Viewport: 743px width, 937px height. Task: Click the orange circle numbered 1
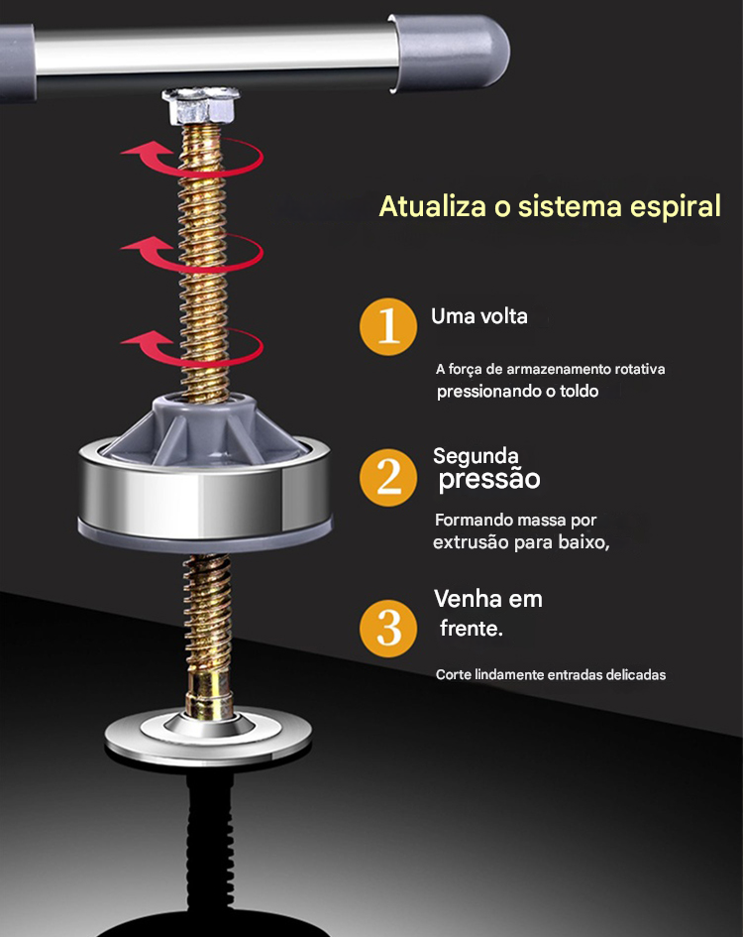pyautogui.click(x=388, y=327)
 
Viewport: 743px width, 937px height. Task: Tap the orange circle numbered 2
pyautogui.click(x=388, y=478)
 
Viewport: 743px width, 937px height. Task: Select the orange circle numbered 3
pyautogui.click(x=388, y=628)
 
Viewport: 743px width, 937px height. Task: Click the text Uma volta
pyautogui.click(x=479, y=316)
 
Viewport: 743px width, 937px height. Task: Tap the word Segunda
pyautogui.click(x=476, y=456)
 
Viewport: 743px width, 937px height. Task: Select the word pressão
pyautogui.click(x=489, y=480)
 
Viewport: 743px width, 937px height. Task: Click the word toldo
pyautogui.click(x=579, y=391)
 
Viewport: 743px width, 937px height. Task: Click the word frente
pyautogui.click(x=472, y=628)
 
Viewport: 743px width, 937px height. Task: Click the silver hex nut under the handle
pyautogui.click(x=201, y=106)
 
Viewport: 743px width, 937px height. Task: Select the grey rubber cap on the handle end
pyautogui.click(x=449, y=52)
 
